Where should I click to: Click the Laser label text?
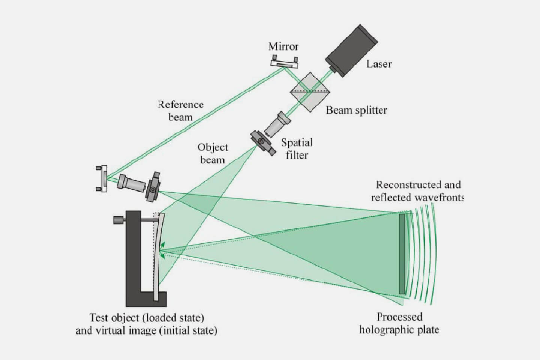379,64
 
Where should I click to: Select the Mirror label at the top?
283,46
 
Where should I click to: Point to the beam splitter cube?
309,91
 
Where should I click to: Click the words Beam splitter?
356,110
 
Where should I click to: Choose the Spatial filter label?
297,148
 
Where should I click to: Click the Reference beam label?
180,110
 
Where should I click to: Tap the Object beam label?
213,153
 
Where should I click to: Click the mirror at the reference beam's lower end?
102,178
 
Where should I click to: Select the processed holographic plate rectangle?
402,253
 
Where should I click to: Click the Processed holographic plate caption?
399,323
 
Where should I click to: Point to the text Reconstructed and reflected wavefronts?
418,191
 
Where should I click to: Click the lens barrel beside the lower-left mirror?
131,183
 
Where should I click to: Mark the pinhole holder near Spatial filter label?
261,141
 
